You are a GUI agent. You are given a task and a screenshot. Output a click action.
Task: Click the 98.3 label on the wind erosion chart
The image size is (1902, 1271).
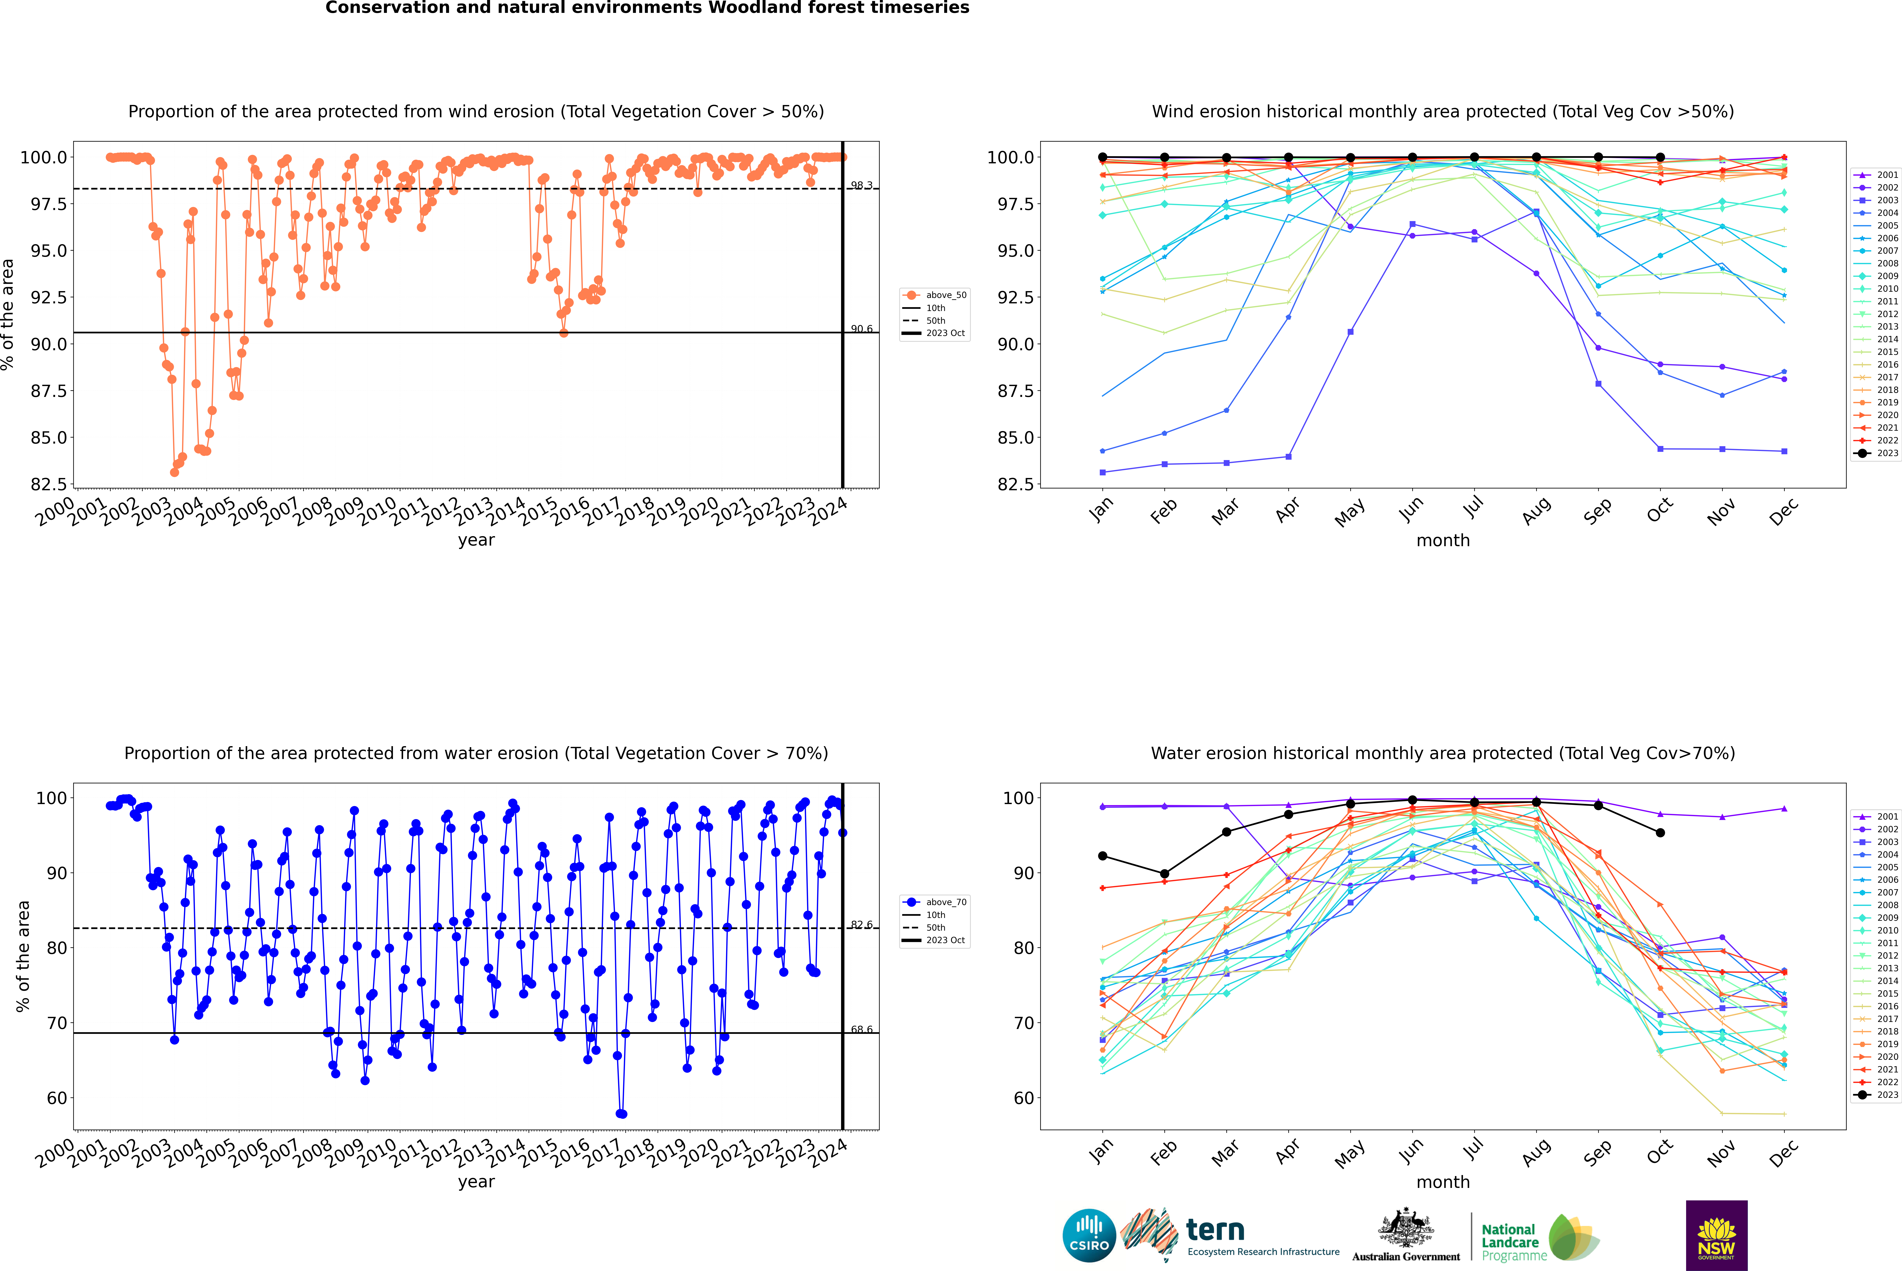(x=861, y=186)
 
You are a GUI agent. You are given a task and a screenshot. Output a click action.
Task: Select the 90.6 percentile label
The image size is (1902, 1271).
(x=861, y=329)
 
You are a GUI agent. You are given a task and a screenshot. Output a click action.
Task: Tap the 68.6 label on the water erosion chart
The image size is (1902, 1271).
(x=861, y=1029)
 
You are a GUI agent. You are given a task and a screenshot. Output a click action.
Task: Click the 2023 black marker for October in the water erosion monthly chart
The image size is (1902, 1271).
(x=1660, y=832)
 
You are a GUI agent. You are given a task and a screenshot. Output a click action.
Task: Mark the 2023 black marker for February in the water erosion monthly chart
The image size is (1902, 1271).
(x=1164, y=874)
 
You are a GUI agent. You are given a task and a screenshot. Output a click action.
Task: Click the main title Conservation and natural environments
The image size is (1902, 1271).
(x=647, y=8)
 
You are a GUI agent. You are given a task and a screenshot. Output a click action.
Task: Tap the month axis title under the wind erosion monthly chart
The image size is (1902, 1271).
(x=1442, y=541)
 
